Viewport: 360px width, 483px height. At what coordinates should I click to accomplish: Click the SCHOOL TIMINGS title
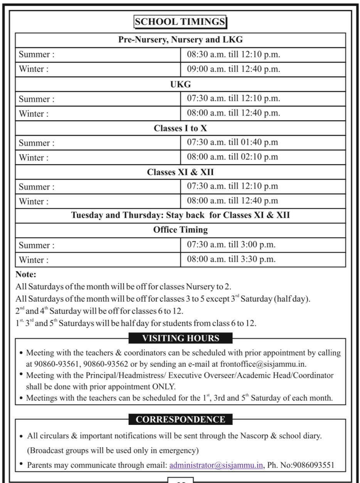click(180, 22)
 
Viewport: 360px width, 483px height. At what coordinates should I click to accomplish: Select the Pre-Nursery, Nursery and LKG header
click(180, 40)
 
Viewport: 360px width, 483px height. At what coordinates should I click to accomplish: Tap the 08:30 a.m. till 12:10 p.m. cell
click(234, 54)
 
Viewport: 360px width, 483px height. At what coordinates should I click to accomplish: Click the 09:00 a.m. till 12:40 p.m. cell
click(234, 69)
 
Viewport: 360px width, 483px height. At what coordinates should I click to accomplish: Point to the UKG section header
click(180, 84)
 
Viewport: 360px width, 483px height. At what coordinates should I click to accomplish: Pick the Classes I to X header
click(180, 128)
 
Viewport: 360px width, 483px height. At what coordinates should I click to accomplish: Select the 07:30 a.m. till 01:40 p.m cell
click(232, 143)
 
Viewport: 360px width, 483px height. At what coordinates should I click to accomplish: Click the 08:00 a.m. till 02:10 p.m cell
click(232, 157)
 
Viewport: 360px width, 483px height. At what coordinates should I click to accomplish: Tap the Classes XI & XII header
click(180, 172)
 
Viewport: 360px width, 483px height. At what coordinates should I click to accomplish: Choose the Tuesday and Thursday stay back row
click(180, 215)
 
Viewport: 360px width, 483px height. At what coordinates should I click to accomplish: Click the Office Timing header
click(180, 230)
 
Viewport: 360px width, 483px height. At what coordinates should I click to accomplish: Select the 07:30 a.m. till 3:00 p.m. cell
click(231, 245)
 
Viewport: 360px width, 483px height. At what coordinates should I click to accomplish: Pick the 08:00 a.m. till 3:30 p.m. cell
click(231, 259)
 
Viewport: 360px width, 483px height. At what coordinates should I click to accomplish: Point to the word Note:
click(26, 275)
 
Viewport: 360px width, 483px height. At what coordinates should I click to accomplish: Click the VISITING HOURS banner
click(180, 338)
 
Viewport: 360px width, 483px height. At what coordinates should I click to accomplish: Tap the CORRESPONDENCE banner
click(180, 419)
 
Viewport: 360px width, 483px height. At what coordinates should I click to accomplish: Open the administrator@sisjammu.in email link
click(216, 465)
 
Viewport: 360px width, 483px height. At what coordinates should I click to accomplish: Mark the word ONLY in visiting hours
click(164, 386)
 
